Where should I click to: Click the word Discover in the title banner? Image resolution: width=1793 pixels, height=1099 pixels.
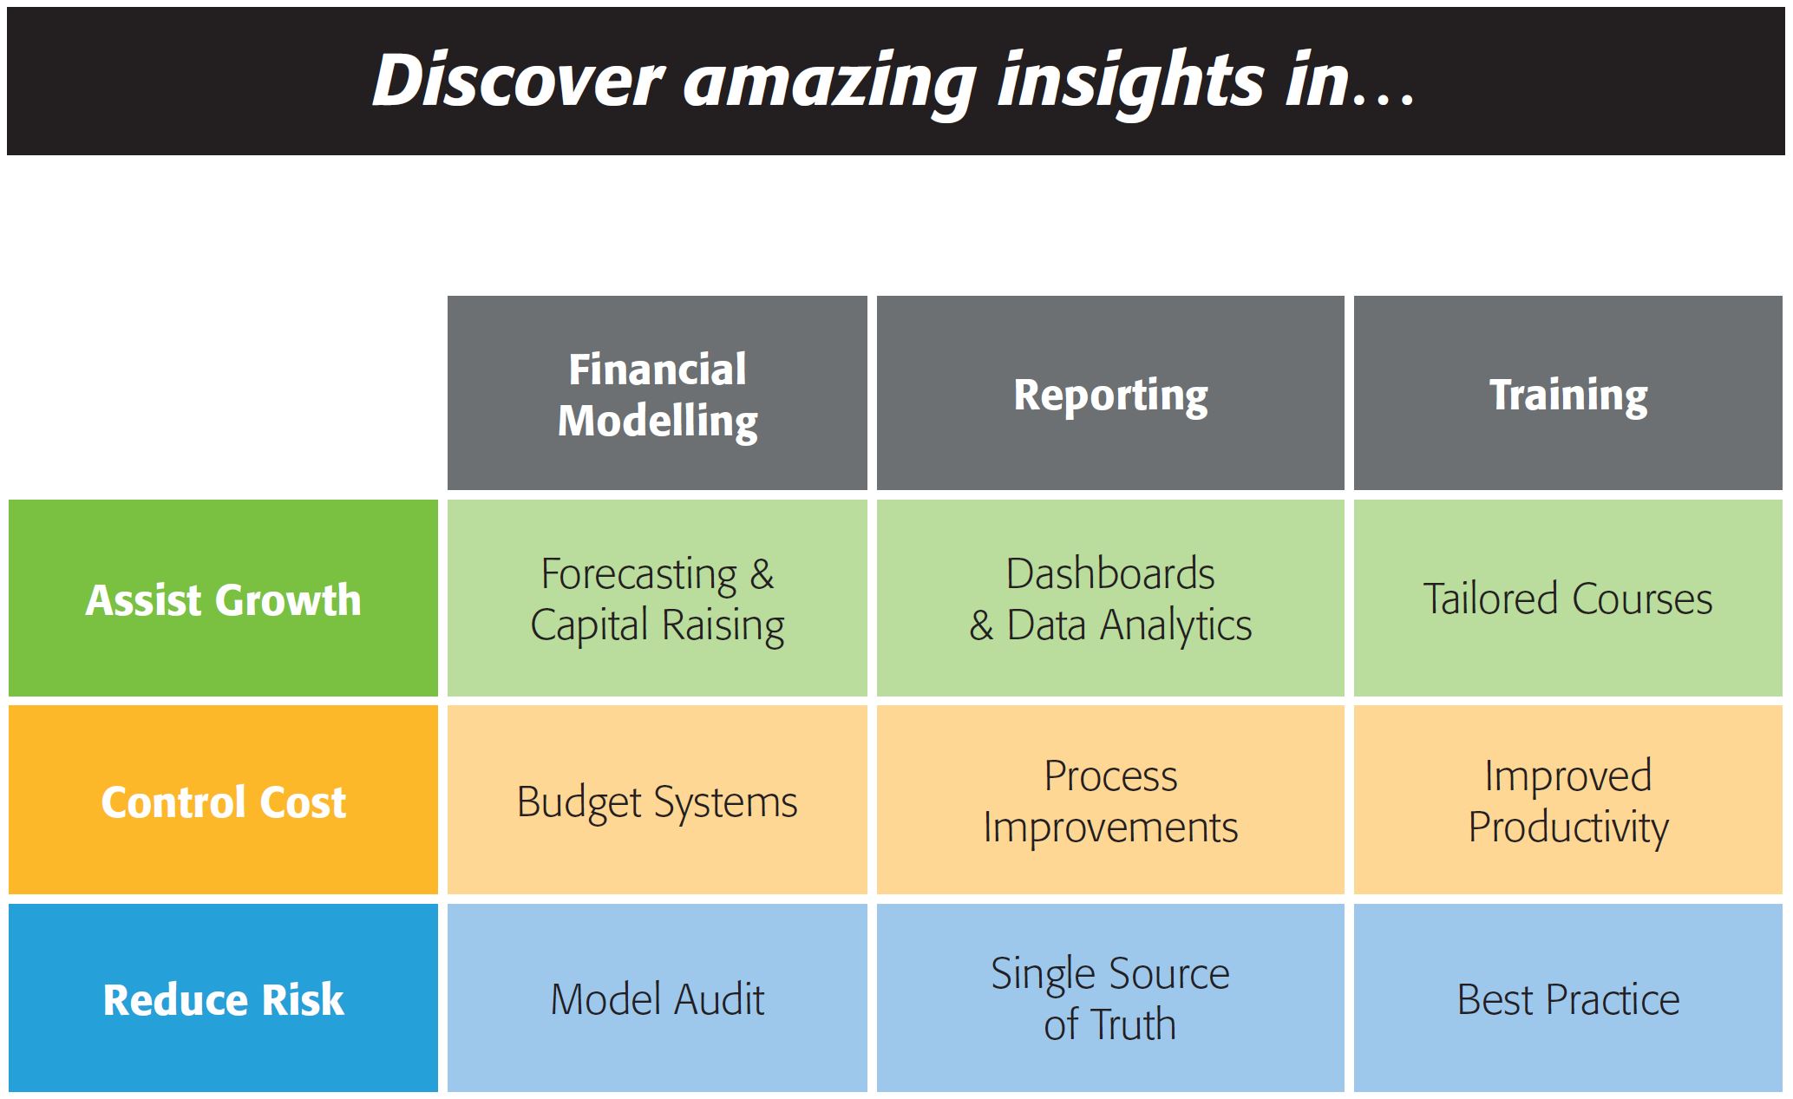[518, 81]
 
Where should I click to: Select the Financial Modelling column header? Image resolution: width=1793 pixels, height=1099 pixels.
[657, 393]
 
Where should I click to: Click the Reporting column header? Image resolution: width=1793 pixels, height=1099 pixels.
[1110, 393]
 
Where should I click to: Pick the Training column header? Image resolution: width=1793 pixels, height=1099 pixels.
[1568, 393]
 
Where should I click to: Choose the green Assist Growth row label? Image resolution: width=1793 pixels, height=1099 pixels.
[223, 598]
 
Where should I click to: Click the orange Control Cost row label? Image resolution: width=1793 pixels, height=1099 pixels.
[223, 800]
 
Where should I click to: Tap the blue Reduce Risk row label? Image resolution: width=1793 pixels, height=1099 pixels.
[223, 998]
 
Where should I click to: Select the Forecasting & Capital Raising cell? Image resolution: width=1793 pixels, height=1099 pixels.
[657, 598]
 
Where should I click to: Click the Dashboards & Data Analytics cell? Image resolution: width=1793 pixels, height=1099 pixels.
[1110, 598]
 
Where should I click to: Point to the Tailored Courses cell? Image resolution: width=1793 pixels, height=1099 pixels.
[1568, 598]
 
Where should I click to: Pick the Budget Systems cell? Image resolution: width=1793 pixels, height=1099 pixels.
[657, 800]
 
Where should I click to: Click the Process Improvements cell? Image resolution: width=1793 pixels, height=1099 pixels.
[1110, 800]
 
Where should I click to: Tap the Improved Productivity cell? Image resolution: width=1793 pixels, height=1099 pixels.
[1568, 800]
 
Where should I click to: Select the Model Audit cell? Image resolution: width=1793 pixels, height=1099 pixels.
[657, 998]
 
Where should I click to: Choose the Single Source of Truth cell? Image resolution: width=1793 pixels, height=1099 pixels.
[1110, 998]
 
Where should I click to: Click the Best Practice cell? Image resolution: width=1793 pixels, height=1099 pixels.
[1568, 998]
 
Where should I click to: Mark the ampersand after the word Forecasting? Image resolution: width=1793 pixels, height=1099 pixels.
[762, 575]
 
